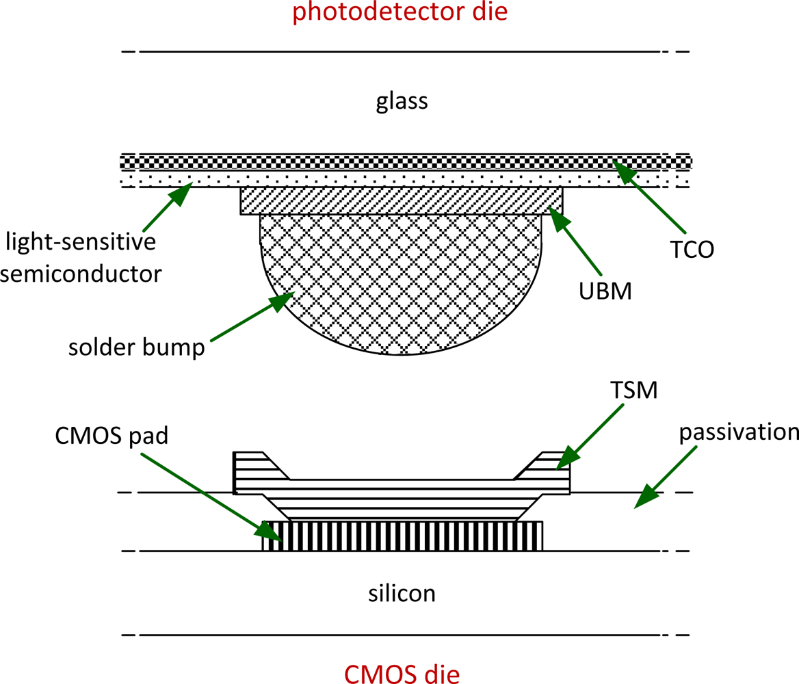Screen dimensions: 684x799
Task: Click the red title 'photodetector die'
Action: [400, 12]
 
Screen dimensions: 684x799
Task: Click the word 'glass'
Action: [402, 102]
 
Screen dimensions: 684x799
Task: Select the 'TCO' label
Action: [692, 249]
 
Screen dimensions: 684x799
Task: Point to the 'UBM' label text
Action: [605, 291]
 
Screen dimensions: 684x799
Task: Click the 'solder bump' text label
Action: [137, 347]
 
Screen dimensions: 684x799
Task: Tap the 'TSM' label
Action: [634, 390]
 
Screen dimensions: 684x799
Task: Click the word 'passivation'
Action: [739, 432]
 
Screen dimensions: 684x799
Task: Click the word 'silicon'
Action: [402, 592]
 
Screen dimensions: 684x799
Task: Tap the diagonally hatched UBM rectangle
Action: [402, 200]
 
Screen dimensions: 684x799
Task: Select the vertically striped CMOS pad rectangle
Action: [402, 536]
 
